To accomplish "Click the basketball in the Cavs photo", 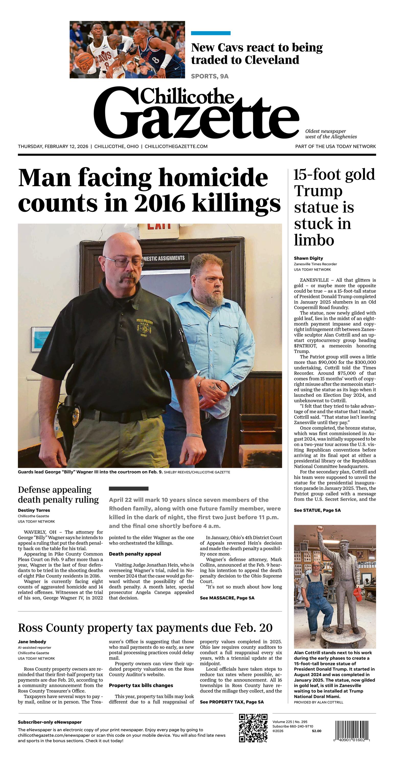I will coord(83,61).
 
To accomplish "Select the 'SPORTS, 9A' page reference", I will coord(210,76).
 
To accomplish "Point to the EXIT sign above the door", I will coord(159,227).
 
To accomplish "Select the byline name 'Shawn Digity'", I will coord(308,258).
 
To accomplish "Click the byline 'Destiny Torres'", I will coord(34,510).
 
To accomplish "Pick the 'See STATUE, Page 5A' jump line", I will coord(317,510).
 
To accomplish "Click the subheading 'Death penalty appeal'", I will coord(135,554).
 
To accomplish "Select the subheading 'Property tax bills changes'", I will coord(141,685).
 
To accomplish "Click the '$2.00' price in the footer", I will coord(317,731).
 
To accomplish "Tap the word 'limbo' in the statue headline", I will coord(314,240).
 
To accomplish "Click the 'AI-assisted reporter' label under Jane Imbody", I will coord(34,647).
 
